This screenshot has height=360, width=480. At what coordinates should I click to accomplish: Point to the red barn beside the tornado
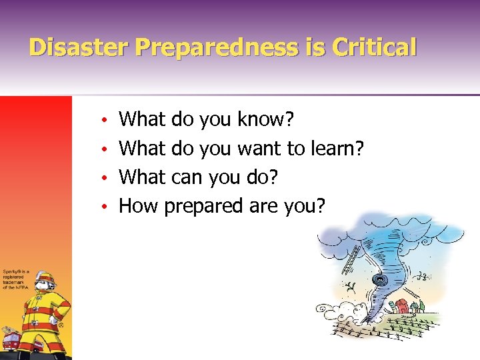402,306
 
